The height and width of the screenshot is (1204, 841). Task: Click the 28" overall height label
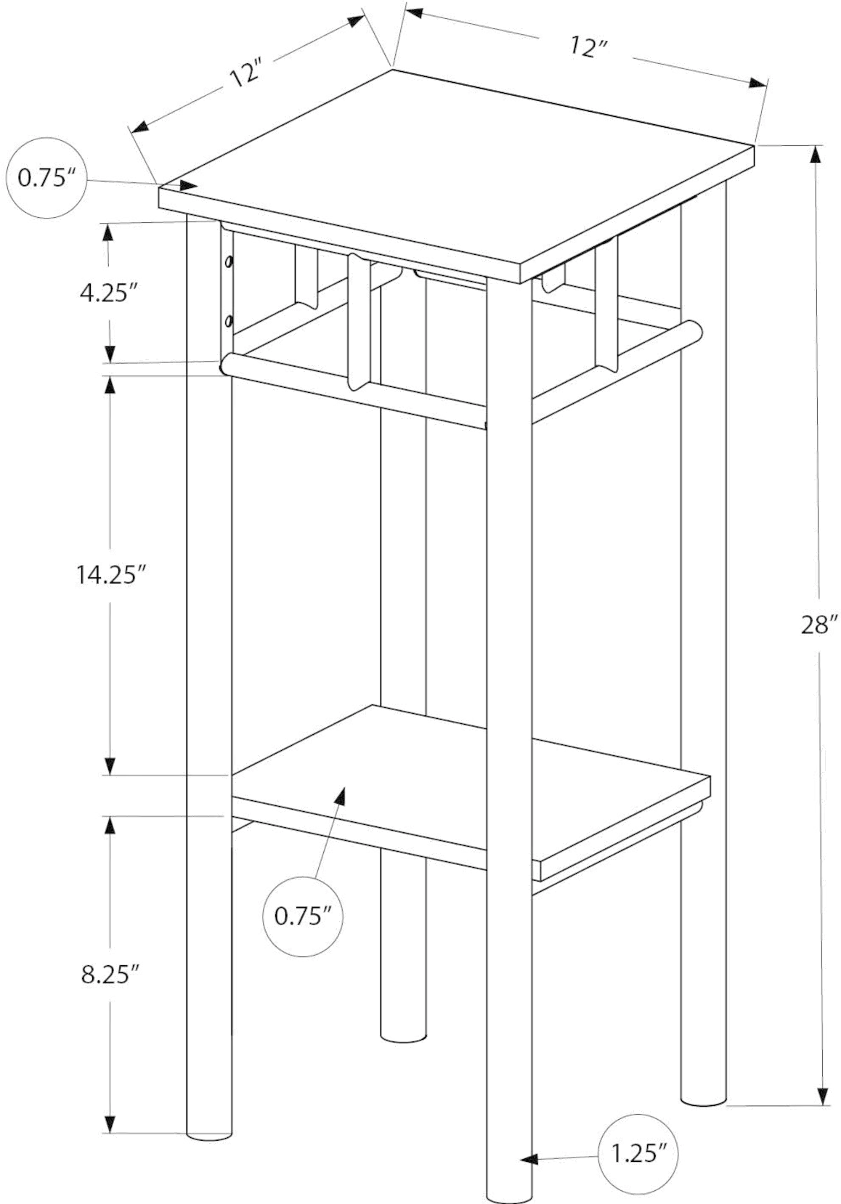[820, 625]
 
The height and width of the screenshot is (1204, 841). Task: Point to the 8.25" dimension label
[110, 975]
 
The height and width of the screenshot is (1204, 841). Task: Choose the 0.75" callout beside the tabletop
[46, 178]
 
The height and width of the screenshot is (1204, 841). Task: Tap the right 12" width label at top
[588, 48]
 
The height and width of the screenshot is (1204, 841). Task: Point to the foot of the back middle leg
[402, 1033]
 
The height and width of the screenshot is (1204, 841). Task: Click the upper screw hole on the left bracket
[229, 262]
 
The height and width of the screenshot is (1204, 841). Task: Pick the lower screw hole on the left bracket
[229, 320]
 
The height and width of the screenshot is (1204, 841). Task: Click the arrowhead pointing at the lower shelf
[339, 795]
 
